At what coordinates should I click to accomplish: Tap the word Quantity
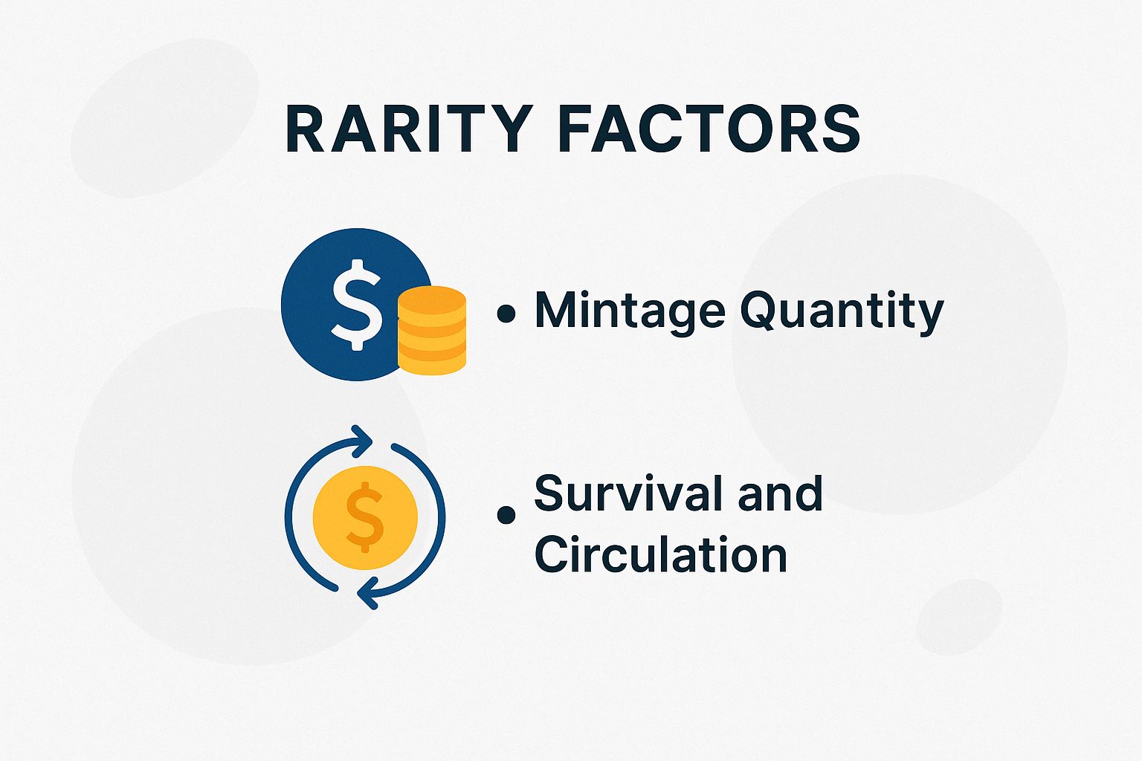click(x=842, y=311)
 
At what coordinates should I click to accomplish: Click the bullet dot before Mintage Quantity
click(x=506, y=314)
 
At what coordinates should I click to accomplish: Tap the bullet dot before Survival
click(x=506, y=514)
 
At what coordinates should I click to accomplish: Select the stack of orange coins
click(x=432, y=330)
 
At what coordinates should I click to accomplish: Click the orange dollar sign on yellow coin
click(x=364, y=517)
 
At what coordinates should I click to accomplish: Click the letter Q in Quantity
click(x=758, y=311)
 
